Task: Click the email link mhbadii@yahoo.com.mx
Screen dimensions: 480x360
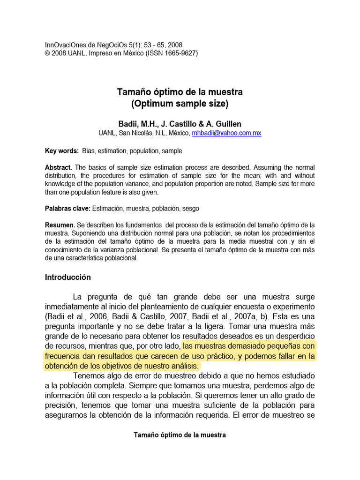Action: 226,133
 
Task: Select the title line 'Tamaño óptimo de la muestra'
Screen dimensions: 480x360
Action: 180,92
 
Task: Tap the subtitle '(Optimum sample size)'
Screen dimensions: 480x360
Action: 180,104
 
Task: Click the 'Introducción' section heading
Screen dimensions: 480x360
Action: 68,277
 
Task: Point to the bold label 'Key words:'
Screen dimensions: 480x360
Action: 62,151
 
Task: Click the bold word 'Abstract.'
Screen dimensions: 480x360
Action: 59,167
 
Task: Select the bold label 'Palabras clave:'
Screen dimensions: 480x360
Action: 67,208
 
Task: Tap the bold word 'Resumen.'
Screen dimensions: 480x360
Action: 60,225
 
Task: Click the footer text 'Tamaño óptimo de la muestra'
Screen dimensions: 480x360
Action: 180,435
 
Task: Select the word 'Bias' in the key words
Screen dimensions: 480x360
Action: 89,151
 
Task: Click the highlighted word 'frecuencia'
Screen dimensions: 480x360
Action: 65,356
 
